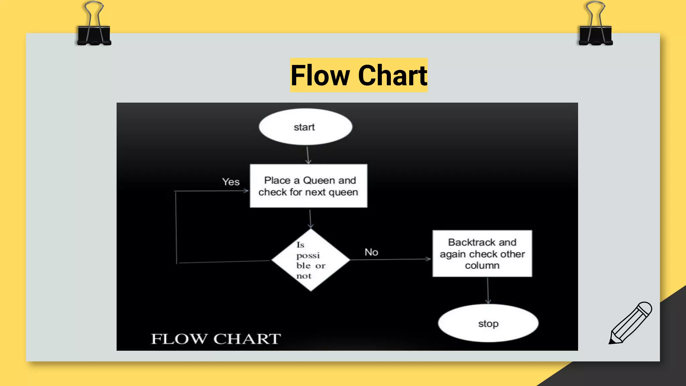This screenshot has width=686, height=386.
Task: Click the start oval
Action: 305,127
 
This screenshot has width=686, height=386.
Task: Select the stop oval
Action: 488,323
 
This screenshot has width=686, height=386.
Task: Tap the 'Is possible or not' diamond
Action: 311,260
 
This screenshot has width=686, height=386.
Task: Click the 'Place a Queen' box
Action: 308,186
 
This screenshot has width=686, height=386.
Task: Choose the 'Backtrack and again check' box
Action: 482,254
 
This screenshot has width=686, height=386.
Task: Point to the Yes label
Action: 231,182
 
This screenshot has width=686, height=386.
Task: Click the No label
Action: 371,252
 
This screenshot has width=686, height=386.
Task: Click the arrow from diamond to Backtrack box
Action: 391,259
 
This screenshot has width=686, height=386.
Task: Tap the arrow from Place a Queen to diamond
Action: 310,218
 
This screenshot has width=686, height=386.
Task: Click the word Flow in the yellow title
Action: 320,75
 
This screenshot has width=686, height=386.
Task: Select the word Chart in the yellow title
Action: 393,75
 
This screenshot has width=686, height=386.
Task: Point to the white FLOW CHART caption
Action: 216,339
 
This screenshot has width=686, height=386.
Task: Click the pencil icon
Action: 630,323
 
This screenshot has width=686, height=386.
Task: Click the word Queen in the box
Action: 319,180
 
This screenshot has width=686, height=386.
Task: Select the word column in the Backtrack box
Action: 482,265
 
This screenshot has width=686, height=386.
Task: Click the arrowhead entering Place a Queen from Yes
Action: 246,191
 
